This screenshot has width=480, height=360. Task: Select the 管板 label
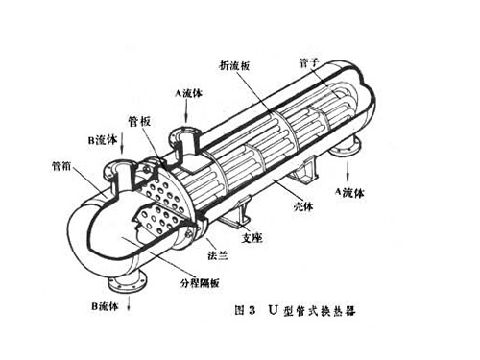click(140, 123)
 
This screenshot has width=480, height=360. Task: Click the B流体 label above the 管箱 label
click(102, 140)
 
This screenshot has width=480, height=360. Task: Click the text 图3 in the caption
click(249, 311)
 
